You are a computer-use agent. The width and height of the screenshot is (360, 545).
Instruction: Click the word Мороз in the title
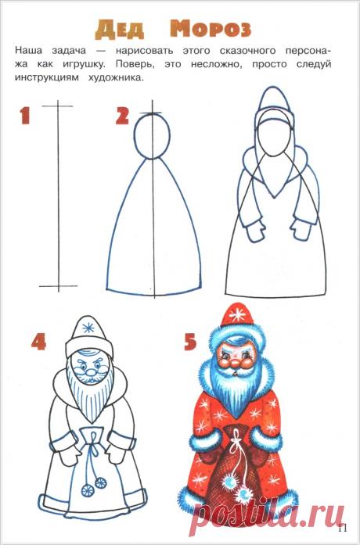[x=211, y=30]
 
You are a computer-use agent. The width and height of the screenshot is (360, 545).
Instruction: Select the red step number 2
[x=122, y=117]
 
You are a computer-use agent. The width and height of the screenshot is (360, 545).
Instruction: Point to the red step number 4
[x=40, y=342]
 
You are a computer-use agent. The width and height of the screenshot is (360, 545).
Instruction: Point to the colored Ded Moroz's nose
[x=240, y=364]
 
